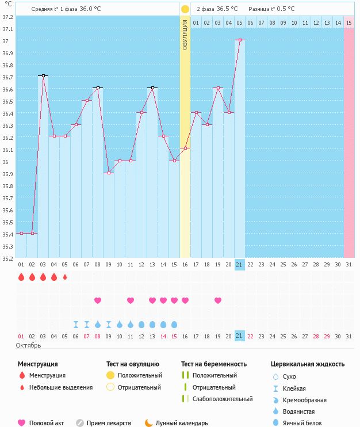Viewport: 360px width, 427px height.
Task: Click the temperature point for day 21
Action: click(239, 40)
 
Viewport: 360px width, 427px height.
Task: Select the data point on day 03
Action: click(43, 75)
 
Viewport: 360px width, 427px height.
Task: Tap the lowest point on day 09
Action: click(109, 173)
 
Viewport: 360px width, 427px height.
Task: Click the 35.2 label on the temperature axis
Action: click(7, 258)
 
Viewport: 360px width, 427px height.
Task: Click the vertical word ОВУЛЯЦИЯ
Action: click(185, 35)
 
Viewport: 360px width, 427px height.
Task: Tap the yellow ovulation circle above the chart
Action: click(185, 9)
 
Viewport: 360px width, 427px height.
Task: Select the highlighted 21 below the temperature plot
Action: click(239, 264)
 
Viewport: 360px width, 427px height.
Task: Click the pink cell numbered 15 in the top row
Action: click(349, 22)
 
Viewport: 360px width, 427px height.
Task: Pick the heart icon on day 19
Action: click(218, 300)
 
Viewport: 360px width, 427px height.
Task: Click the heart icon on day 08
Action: click(98, 300)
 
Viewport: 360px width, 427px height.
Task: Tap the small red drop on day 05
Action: click(65, 277)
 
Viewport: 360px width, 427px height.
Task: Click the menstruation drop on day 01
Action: click(21, 277)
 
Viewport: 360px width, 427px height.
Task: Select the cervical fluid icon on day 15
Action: click(174, 324)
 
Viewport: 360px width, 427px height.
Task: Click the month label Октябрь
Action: click(29, 345)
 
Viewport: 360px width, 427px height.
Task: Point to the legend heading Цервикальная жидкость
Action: click(308, 364)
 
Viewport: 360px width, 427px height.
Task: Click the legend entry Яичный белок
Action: click(307, 423)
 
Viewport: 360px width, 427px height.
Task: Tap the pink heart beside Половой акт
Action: click(22, 423)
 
